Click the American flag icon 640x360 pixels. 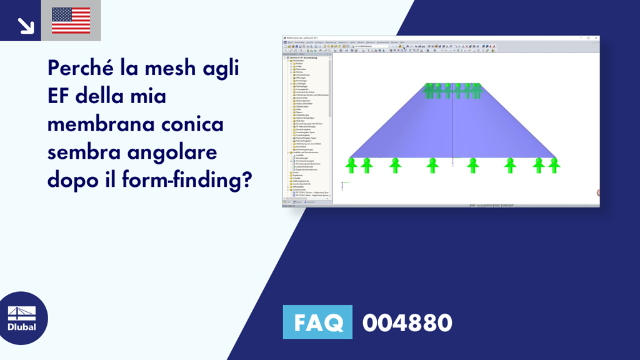(71, 20)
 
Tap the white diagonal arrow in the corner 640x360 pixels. (26, 25)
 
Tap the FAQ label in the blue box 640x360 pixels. (317, 322)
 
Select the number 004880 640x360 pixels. (407, 322)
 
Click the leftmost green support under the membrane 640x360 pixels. (351, 165)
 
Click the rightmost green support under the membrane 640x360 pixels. (554, 165)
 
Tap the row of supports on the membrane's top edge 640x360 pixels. (452, 91)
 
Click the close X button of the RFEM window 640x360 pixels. (596, 39)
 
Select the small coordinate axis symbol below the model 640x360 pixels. (343, 183)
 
